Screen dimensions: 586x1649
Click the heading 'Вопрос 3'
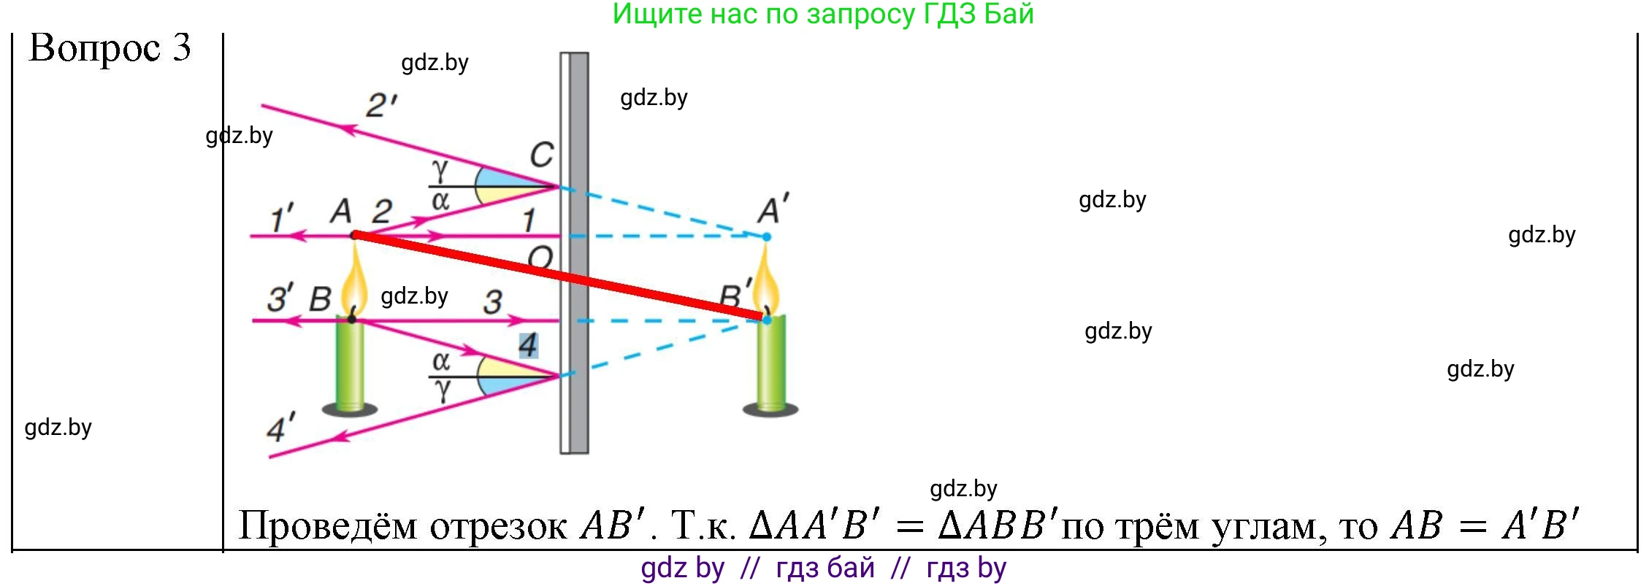110,48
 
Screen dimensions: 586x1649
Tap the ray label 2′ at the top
381,106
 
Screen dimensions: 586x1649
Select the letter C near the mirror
541,155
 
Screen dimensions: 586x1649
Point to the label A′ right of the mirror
773,209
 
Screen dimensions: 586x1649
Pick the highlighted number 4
528,345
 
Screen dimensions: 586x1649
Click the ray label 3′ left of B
280,298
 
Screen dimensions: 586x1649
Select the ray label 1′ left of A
282,218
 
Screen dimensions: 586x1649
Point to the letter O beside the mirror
540,257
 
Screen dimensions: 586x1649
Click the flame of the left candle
355,281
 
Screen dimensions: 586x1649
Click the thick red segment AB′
559,277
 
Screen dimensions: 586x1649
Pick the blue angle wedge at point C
504,178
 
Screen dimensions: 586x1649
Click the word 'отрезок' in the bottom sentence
498,526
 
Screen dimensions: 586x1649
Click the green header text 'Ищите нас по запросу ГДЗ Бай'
823,15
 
